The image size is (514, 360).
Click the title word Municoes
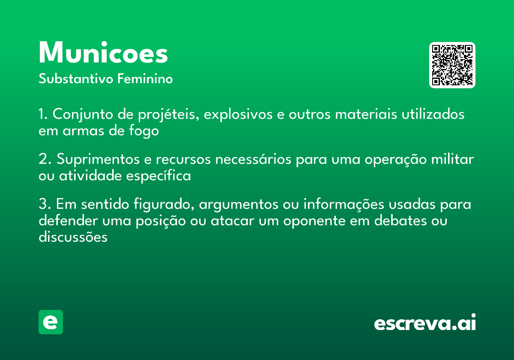[x=103, y=53]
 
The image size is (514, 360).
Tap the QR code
[x=452, y=65]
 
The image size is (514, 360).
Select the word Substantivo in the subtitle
[x=76, y=78]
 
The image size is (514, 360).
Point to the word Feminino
[x=145, y=78]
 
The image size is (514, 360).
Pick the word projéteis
[x=168, y=114]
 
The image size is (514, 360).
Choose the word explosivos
[x=238, y=114]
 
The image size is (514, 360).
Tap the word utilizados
[x=433, y=114]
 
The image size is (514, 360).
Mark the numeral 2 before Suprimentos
[x=43, y=159]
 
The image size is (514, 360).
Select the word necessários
[x=253, y=159]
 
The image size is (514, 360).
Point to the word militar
[x=452, y=159]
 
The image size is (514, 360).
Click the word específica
[x=158, y=176]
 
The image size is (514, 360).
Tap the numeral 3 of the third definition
[x=43, y=204]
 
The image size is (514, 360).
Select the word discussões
[x=73, y=237]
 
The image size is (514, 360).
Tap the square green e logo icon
[x=51, y=322]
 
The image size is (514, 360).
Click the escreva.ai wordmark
[x=425, y=322]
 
